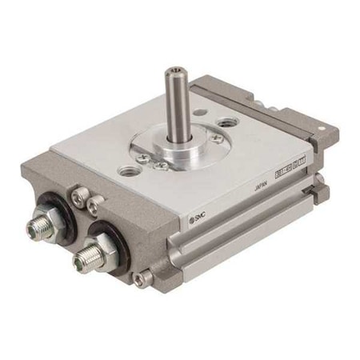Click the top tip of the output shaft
tap(174, 72)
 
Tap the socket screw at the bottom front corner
tap(142, 278)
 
